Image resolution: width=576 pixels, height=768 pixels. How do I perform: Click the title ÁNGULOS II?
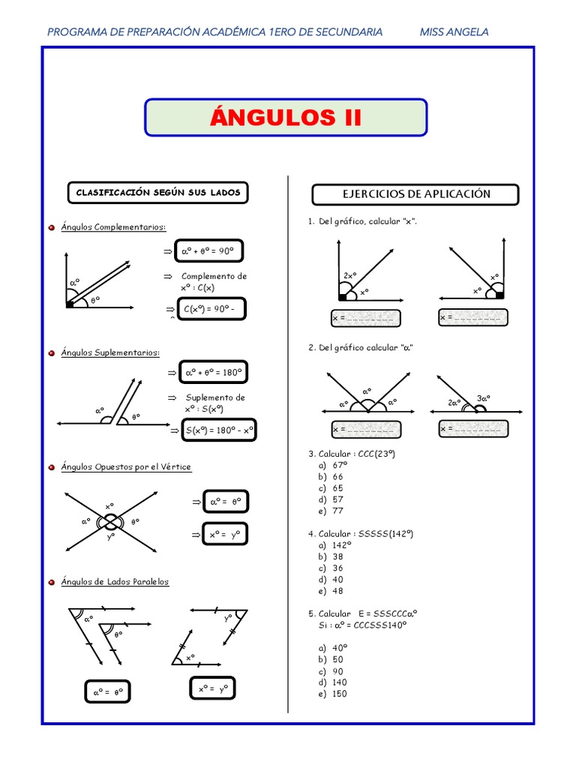(286, 118)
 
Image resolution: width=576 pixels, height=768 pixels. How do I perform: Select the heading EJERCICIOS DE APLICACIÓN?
(415, 194)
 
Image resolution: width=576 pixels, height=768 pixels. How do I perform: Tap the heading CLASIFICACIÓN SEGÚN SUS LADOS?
(158, 193)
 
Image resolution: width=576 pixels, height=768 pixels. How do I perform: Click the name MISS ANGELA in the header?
(454, 32)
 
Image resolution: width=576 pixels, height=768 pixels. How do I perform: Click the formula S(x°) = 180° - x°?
(220, 430)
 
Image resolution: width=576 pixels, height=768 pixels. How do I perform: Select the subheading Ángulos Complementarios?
(114, 227)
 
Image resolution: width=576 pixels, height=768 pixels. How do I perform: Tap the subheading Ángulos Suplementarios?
(110, 352)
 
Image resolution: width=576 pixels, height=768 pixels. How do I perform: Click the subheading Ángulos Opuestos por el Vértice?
(126, 467)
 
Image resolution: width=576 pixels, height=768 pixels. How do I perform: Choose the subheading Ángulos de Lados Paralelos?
(115, 582)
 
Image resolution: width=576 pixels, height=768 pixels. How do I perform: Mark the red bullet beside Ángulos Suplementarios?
(51, 352)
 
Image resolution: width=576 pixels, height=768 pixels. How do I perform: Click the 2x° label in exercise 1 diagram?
(349, 276)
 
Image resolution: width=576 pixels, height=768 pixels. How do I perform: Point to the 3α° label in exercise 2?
(484, 398)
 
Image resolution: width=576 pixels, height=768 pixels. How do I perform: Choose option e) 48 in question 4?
(331, 590)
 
